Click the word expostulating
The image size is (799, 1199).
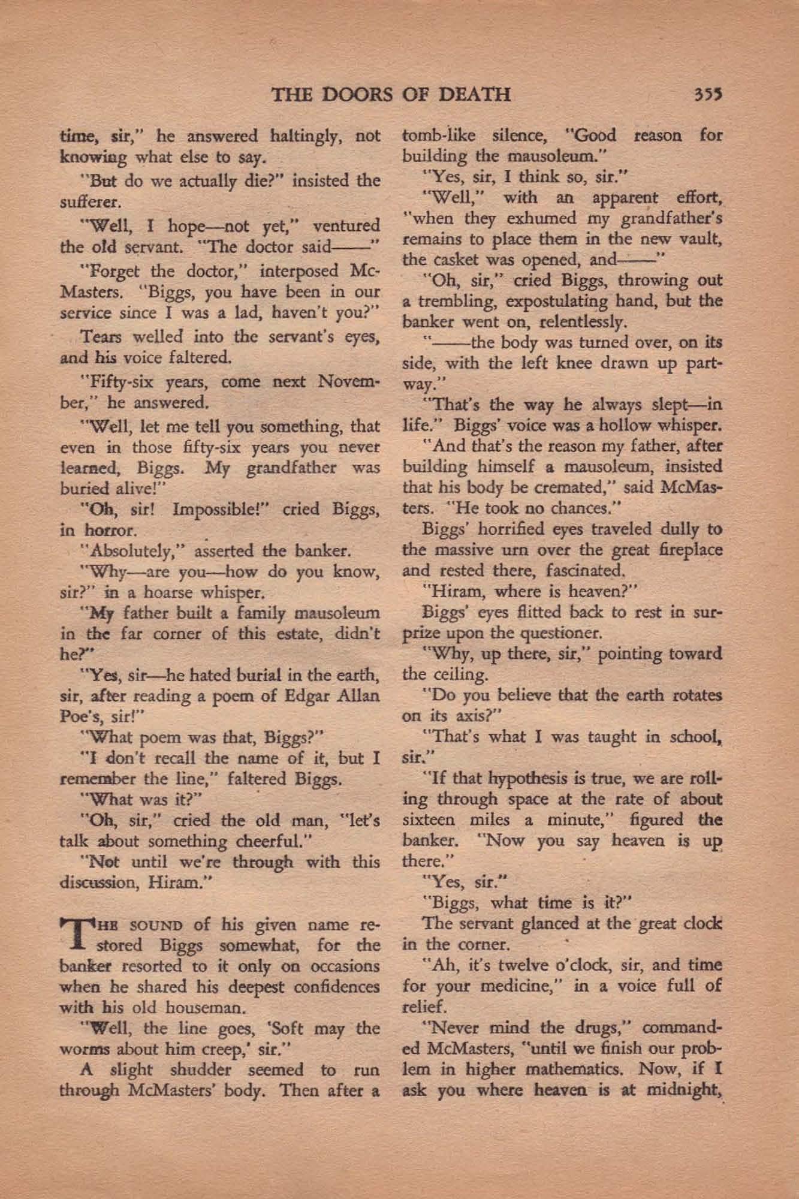532,301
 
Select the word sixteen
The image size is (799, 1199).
429,820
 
